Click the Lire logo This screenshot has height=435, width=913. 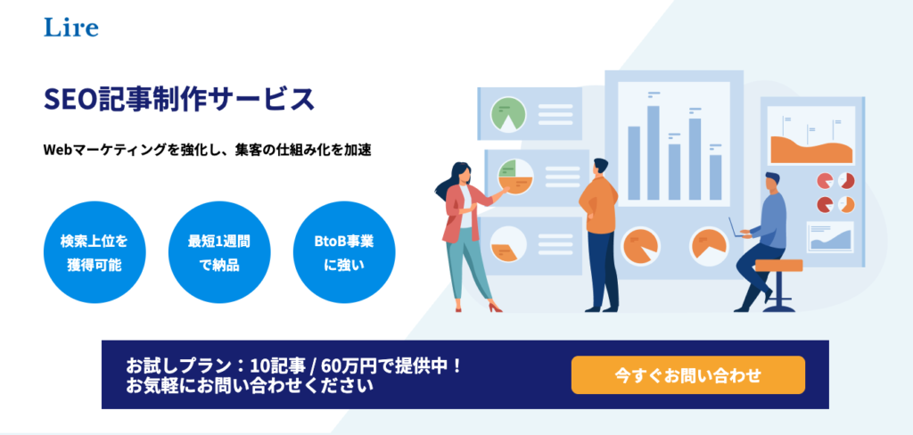tap(71, 28)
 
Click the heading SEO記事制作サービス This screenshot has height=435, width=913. tap(179, 100)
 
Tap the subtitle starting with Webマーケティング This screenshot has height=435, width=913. tap(207, 150)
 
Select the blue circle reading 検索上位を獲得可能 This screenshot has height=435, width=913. tap(95, 253)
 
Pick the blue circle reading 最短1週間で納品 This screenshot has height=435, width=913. tap(219, 253)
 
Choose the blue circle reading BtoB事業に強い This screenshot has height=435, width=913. tap(344, 253)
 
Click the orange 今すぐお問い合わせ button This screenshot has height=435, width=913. tap(687, 375)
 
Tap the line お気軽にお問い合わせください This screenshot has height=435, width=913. tap(250, 385)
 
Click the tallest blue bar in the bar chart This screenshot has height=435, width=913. tap(654, 153)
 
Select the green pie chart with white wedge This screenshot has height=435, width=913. tap(508, 114)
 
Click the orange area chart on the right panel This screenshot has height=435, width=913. tap(812, 150)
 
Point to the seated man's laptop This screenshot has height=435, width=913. tap(736, 228)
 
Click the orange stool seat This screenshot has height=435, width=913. tap(778, 266)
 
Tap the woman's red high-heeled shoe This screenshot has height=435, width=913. tap(495, 307)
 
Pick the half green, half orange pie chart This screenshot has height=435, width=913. tap(515, 176)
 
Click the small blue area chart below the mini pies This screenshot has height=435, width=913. tap(830, 239)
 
